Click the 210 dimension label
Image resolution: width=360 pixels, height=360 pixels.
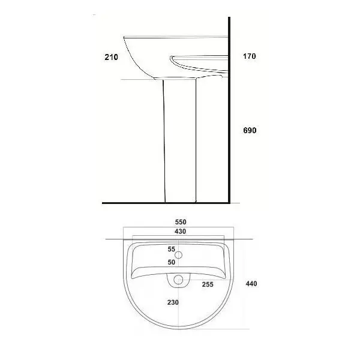point(112,57)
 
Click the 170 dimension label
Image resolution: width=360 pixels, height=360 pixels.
point(250,56)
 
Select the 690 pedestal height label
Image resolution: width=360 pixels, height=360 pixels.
point(250,130)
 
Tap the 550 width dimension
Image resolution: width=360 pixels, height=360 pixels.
point(181,222)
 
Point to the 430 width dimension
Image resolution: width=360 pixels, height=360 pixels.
point(180,231)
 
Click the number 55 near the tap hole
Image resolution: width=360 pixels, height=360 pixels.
point(171,249)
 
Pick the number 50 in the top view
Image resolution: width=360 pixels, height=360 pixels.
point(171,262)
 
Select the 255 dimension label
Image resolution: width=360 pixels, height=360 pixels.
point(208,284)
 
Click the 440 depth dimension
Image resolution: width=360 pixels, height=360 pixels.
point(251,284)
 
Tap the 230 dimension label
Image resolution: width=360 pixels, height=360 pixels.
point(173,302)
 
